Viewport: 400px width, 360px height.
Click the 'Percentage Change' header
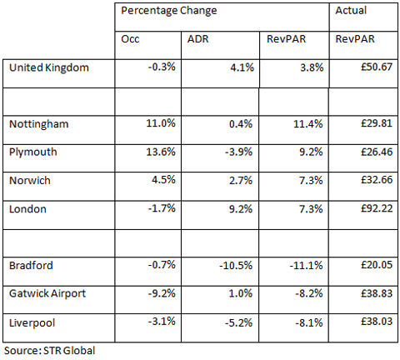(x=169, y=12)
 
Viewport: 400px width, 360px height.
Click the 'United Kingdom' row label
(x=48, y=67)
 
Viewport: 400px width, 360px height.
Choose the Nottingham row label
(x=38, y=124)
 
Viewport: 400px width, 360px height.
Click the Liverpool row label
(x=32, y=322)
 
